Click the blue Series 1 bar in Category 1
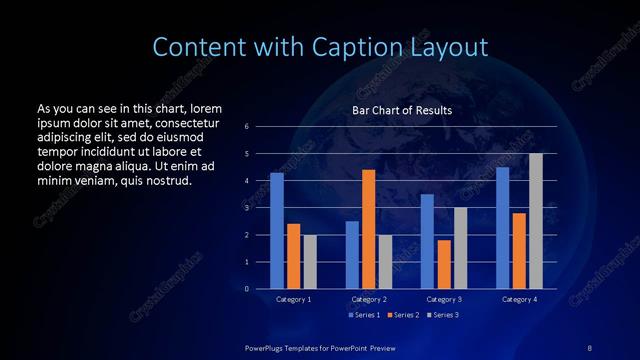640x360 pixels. pyautogui.click(x=277, y=230)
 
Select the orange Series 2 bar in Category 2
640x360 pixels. pyautogui.click(x=368, y=229)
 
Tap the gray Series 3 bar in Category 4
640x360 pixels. pyautogui.click(x=536, y=221)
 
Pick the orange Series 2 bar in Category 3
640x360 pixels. pyautogui.click(x=444, y=264)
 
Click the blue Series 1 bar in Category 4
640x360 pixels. pyautogui.click(x=503, y=228)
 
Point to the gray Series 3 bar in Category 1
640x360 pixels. pyautogui.click(x=310, y=262)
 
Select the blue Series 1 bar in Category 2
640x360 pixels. pyautogui.click(x=352, y=255)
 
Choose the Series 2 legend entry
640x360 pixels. pyautogui.click(x=402, y=315)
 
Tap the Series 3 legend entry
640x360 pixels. pyautogui.click(x=443, y=315)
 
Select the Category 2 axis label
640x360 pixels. pyautogui.click(x=368, y=299)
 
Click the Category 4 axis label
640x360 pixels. pyautogui.click(x=519, y=299)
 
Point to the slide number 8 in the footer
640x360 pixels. pyautogui.click(x=589, y=347)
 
